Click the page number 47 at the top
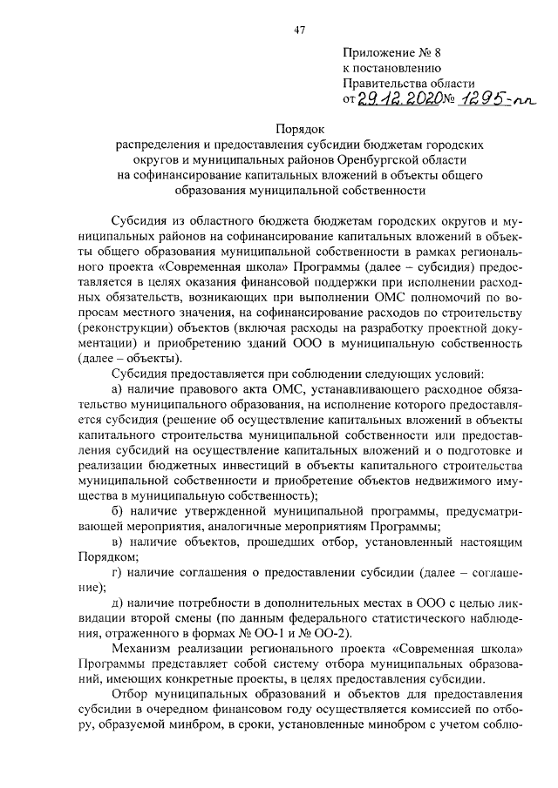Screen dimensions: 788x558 click(x=299, y=30)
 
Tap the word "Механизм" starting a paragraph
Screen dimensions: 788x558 click(x=140, y=649)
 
